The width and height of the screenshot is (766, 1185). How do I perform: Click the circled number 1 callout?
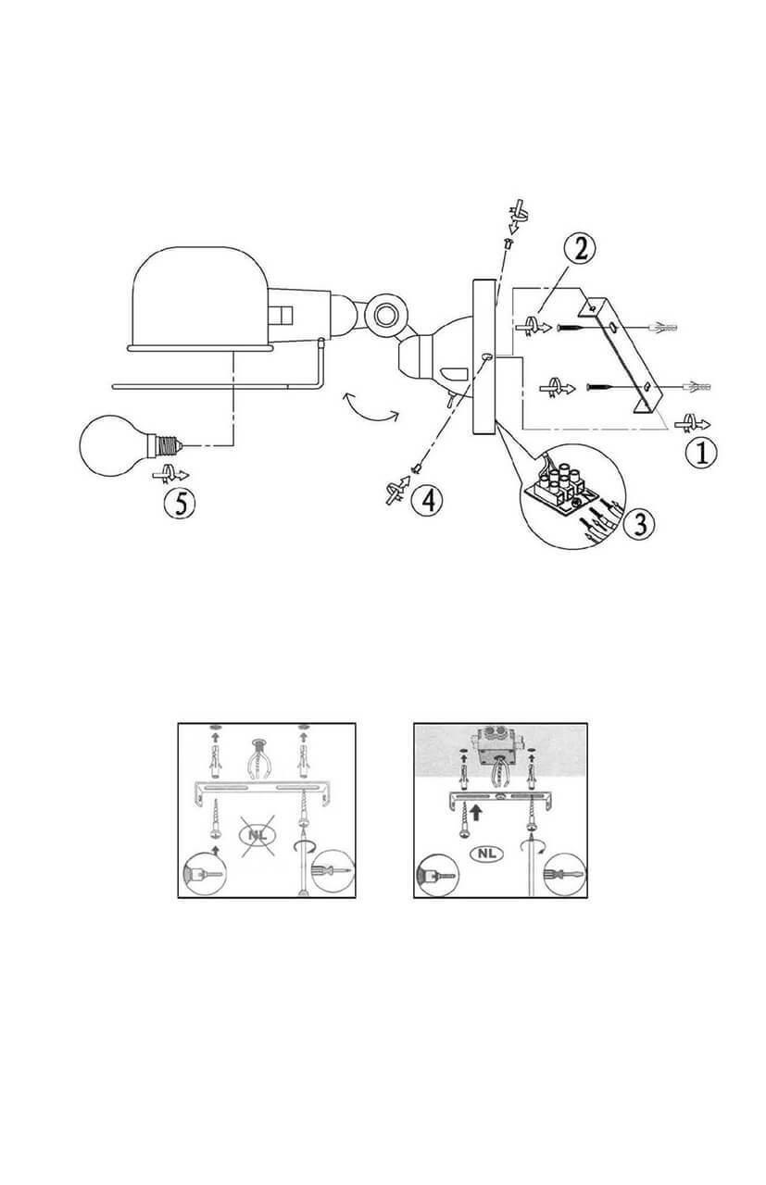click(701, 454)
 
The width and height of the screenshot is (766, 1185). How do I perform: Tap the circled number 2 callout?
click(580, 249)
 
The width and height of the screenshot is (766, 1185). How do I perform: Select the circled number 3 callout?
click(639, 524)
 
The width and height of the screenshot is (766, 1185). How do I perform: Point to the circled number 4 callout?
click(427, 499)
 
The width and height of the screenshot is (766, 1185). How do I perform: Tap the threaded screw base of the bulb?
click(168, 445)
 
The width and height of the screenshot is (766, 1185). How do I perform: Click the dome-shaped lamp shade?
click(200, 298)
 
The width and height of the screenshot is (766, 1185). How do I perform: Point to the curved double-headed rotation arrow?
click(370, 408)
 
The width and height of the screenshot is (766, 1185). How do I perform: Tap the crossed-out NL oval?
click(259, 836)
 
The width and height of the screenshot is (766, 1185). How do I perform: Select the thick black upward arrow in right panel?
click(476, 812)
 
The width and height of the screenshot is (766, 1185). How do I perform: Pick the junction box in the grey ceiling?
click(496, 744)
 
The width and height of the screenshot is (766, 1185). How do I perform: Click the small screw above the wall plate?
click(509, 243)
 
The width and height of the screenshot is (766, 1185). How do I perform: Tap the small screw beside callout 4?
click(417, 468)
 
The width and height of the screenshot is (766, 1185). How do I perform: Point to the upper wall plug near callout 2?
click(662, 328)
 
